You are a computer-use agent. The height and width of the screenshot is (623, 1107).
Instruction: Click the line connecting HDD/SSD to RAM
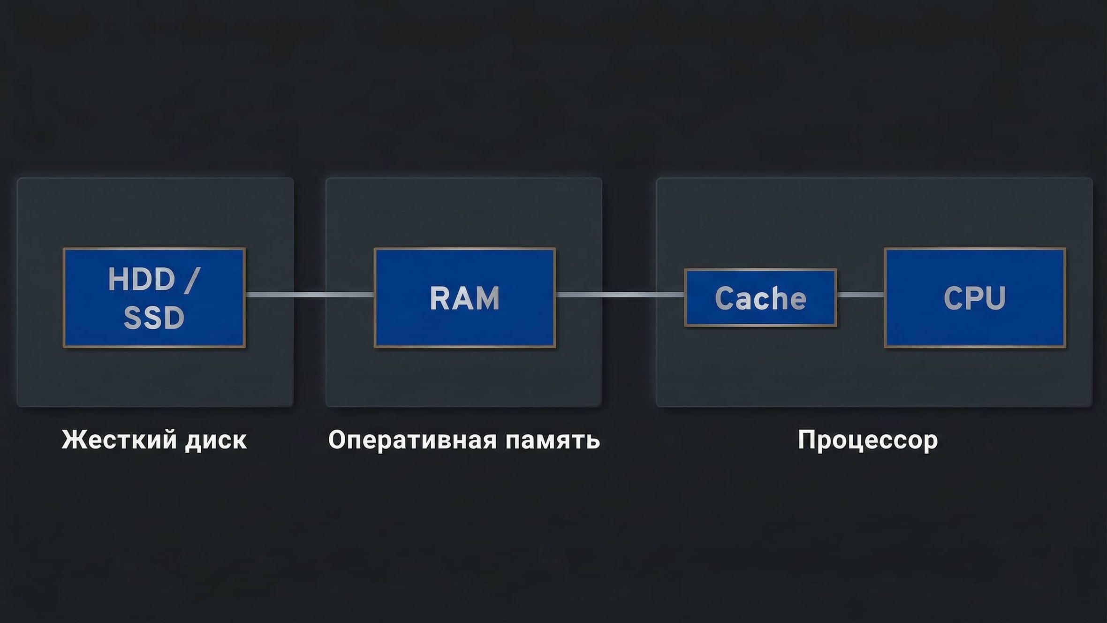coord(310,295)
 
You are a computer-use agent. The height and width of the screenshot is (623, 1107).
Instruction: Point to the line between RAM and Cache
coord(619,295)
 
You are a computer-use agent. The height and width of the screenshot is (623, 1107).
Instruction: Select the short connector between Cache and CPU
coord(860,295)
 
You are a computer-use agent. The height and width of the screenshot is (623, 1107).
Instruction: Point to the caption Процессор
coord(868,440)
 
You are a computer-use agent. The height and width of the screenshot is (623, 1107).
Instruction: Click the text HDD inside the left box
coord(142,280)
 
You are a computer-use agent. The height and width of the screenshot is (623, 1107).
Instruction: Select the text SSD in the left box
coord(154,318)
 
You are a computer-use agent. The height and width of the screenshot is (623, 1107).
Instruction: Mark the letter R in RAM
coord(439,298)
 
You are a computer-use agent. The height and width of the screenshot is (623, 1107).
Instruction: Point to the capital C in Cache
coord(724,298)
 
